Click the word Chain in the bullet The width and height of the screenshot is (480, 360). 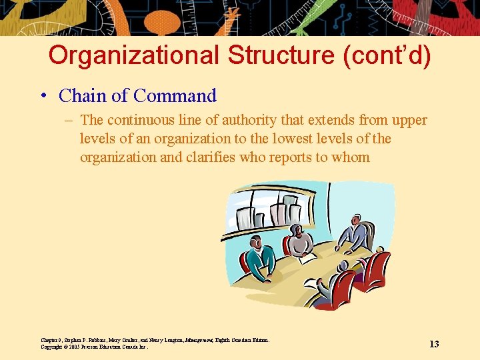coord(83,96)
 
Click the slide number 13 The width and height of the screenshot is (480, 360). coord(434,344)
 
